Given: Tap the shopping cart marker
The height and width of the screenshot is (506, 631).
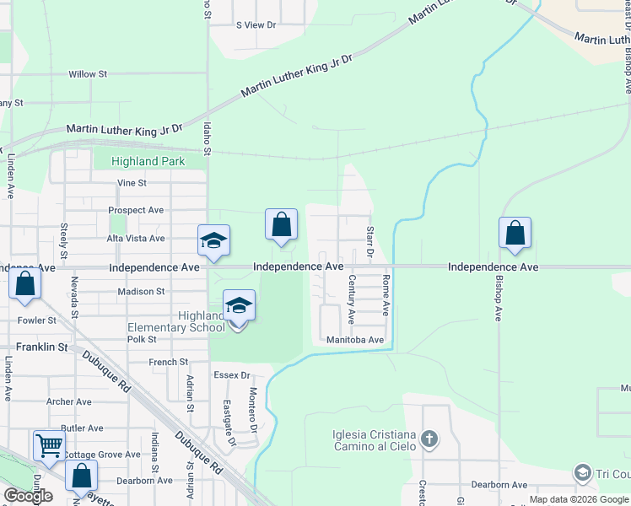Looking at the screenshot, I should [49, 444].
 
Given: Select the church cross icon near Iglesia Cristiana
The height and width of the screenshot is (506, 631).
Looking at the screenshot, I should [429, 439].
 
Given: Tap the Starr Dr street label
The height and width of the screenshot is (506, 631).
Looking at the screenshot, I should [369, 242].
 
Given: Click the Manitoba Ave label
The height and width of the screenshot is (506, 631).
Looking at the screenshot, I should [356, 340].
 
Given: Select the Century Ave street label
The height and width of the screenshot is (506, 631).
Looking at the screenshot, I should [352, 299].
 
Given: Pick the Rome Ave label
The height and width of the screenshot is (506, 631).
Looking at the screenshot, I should [386, 294].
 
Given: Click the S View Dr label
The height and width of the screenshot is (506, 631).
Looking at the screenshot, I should [256, 25].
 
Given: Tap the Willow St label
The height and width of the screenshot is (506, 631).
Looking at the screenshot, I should [88, 74].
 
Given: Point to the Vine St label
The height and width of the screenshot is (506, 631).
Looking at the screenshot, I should [132, 182].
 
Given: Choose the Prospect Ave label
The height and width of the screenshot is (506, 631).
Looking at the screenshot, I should [136, 210].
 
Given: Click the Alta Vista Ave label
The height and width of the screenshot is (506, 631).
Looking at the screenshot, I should [135, 239].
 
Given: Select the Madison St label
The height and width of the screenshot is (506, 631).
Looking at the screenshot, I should [141, 292].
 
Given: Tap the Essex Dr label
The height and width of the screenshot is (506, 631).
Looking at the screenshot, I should [233, 375].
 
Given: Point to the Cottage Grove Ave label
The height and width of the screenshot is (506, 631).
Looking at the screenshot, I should [105, 455].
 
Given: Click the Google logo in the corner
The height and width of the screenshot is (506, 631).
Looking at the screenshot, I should [28, 496].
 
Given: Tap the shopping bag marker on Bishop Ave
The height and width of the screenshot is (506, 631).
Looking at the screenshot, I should [515, 234].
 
